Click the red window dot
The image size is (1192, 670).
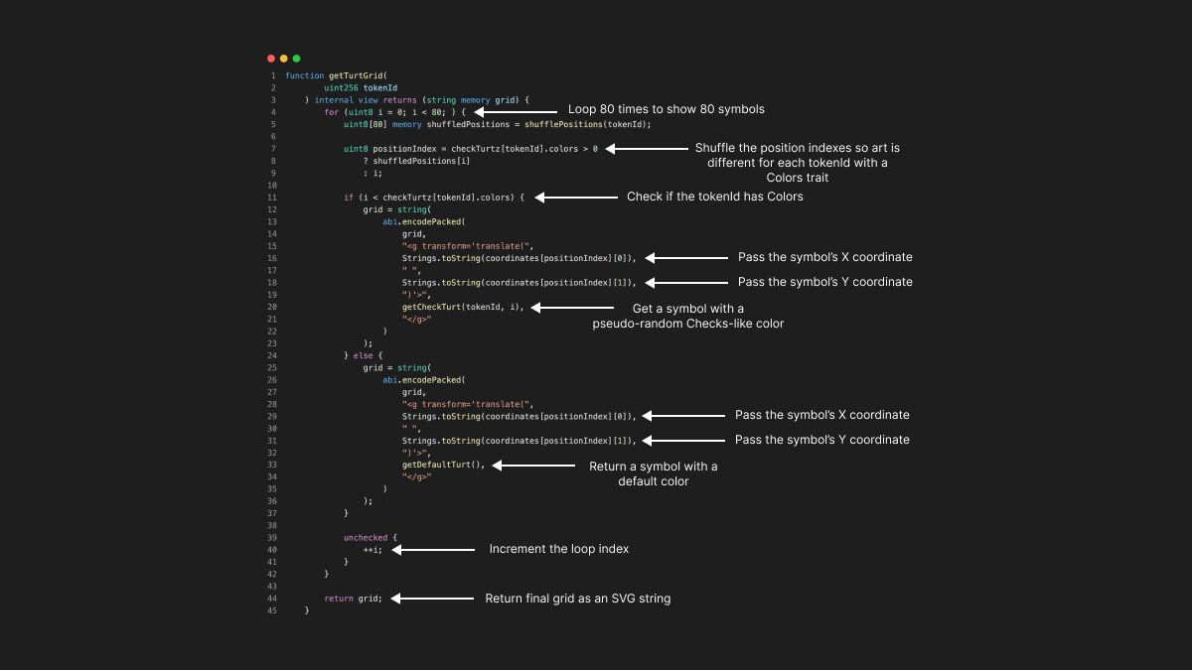click(x=271, y=59)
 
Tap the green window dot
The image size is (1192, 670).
click(x=296, y=59)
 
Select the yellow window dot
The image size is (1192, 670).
click(x=283, y=59)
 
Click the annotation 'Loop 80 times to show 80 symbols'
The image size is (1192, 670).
click(x=666, y=109)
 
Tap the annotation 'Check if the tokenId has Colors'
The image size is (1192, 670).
click(x=714, y=197)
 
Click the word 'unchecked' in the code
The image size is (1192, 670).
click(x=366, y=537)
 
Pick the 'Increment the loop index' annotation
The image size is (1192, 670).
click(x=558, y=549)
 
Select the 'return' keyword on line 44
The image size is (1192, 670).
click(x=339, y=599)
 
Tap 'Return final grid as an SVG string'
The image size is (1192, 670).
click(x=577, y=599)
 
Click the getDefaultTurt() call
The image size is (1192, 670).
click(x=443, y=465)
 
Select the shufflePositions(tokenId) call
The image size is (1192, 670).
click(x=600, y=124)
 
